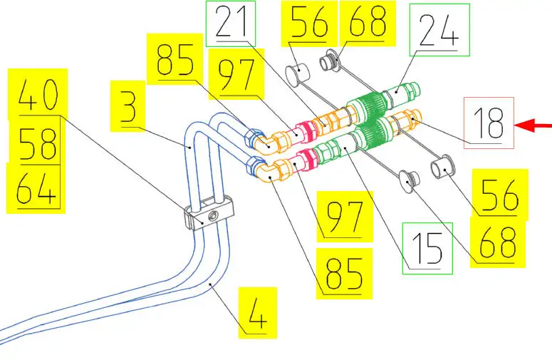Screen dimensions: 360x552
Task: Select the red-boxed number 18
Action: [x=489, y=123]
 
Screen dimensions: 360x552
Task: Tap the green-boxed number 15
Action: [x=427, y=247]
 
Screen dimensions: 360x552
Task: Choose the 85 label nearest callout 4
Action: [x=344, y=271]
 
